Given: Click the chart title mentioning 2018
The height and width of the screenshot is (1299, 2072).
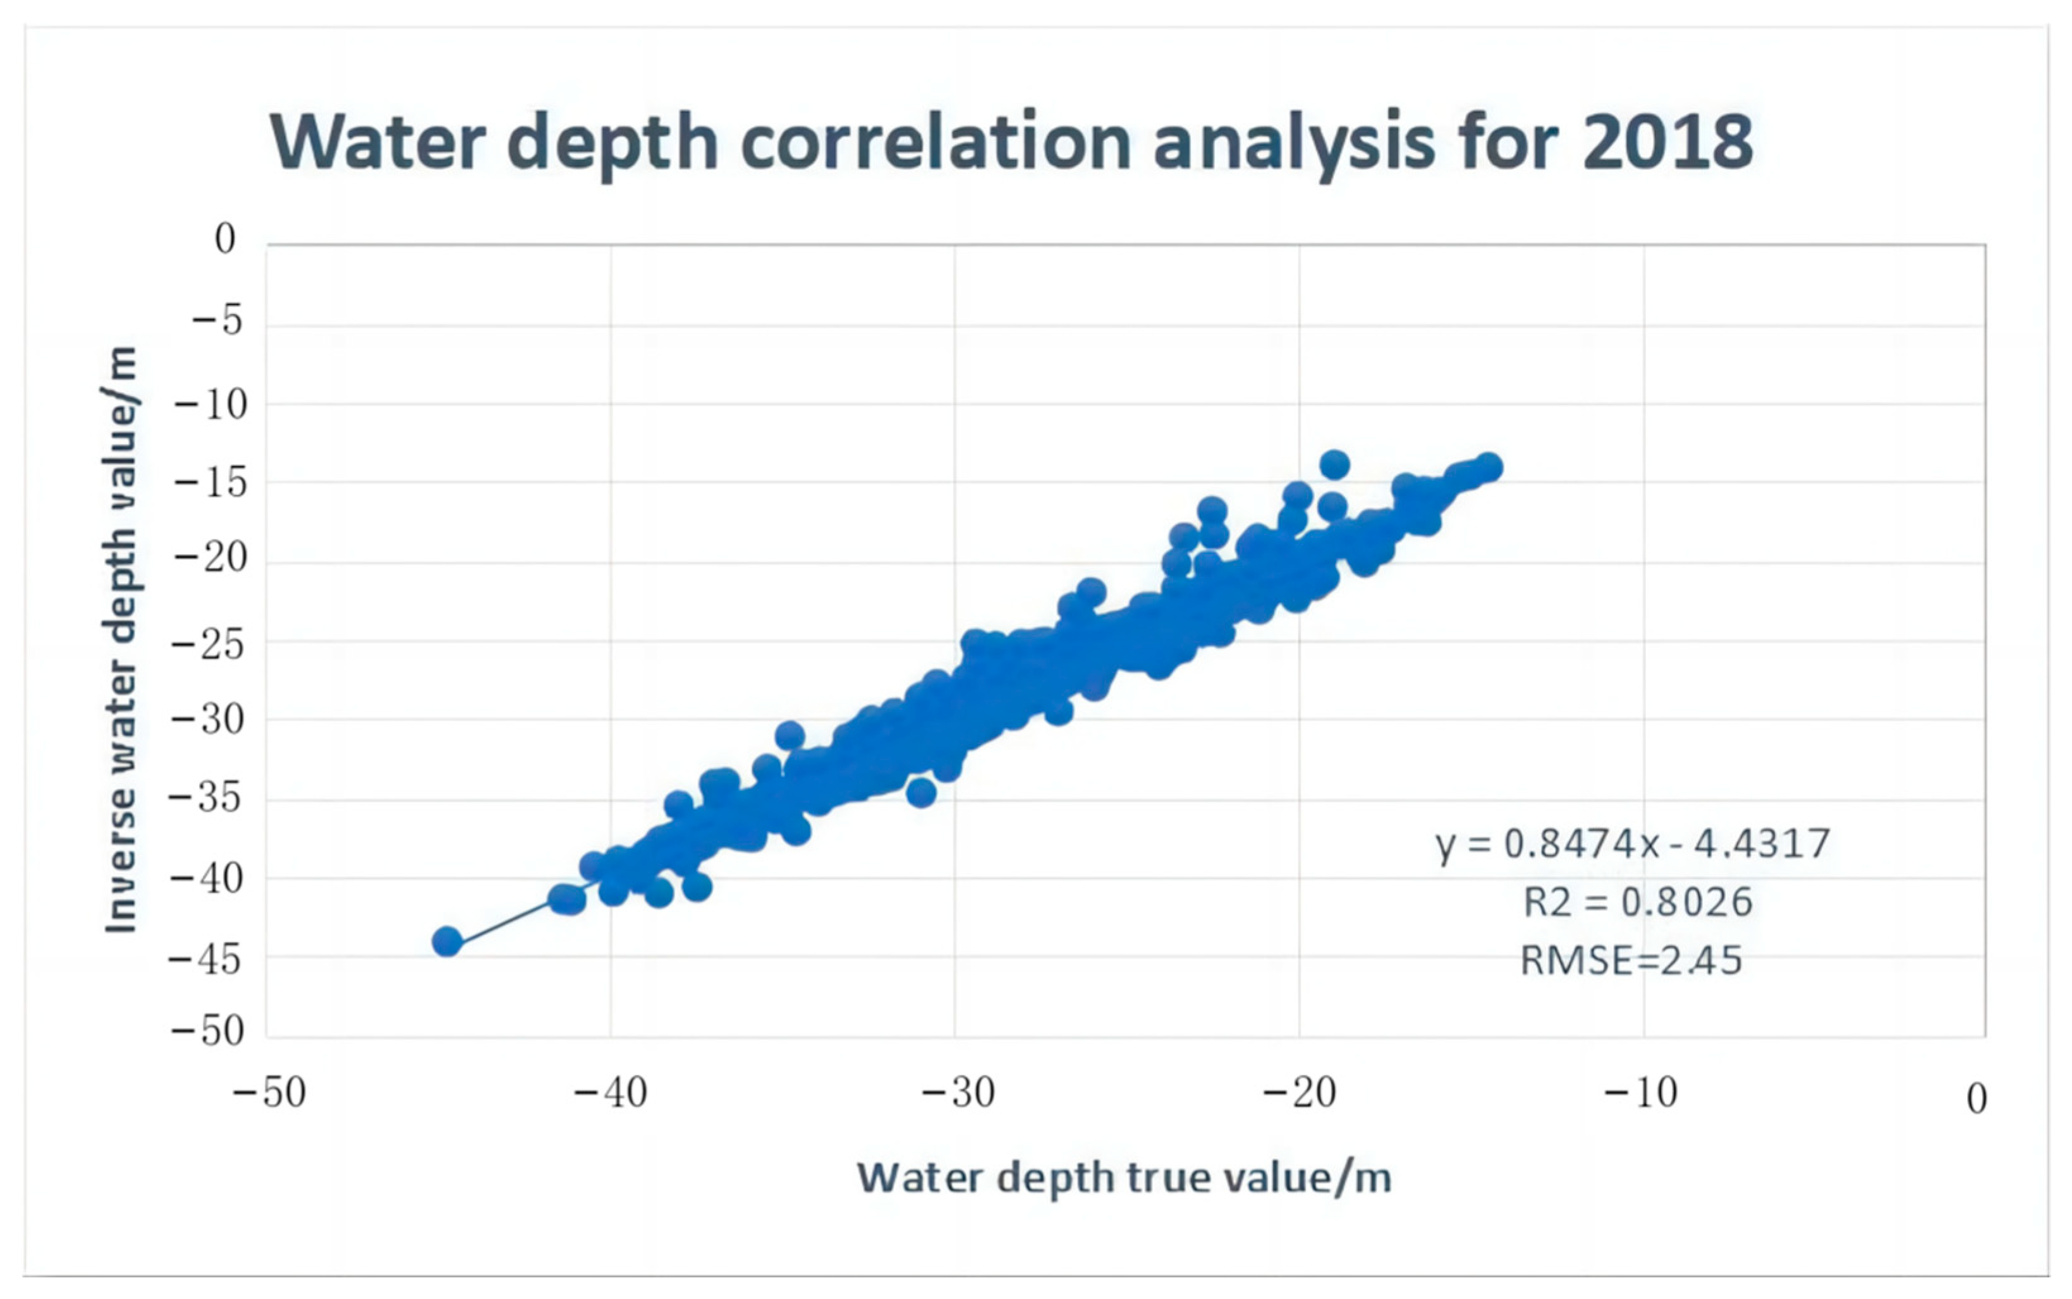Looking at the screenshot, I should coord(1011,143).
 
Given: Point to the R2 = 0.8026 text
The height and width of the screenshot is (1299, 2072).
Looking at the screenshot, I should coord(1637,902).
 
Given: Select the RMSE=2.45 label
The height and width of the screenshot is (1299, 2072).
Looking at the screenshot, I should coord(1631,960).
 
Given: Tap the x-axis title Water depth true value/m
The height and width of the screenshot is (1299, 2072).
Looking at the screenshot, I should coord(1124,1177).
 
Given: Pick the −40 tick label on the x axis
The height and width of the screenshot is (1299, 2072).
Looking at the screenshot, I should coord(611,1094).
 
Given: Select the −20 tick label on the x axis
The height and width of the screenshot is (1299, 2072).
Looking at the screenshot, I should coord(1300,1094).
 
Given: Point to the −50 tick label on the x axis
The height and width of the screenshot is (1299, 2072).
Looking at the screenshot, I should coord(270,1094).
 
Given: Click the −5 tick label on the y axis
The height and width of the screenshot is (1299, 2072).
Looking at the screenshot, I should coord(217,322).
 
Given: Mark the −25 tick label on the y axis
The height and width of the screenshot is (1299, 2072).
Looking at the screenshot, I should coord(210,644).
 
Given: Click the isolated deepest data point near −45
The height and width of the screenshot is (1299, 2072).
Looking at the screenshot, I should coord(447,941).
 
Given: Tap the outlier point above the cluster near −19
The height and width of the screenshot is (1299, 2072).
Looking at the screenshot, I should coord(1334,465).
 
